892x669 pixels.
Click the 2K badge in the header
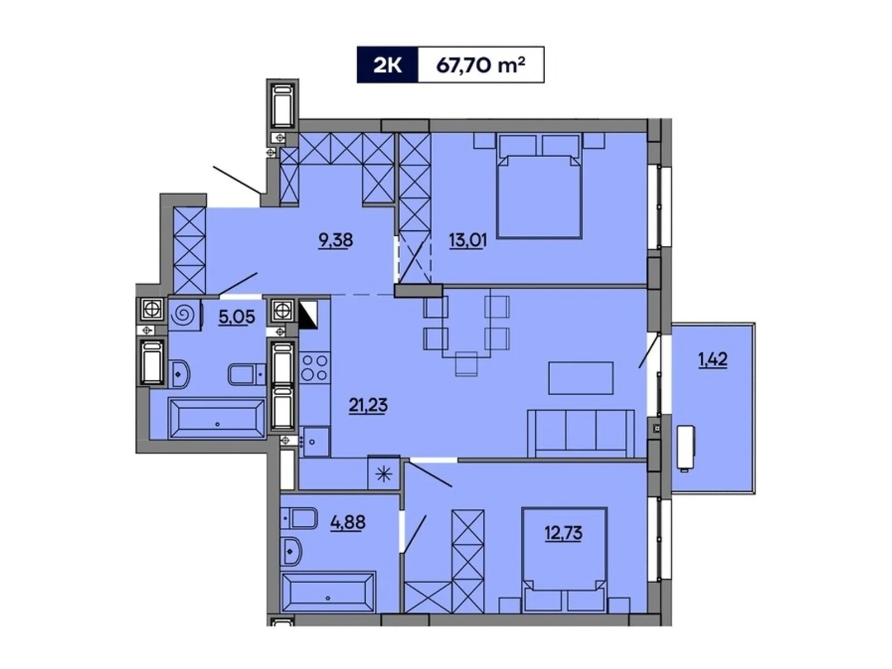click(387, 65)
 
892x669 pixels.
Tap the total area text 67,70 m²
click(481, 65)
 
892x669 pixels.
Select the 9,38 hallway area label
click(336, 240)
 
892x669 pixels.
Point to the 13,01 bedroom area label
click(467, 240)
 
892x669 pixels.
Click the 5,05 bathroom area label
click(236, 317)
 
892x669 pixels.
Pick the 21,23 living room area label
click(368, 405)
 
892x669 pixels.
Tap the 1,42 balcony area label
click(713, 360)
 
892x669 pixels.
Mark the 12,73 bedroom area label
click(563, 533)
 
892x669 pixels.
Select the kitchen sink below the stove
click(316, 442)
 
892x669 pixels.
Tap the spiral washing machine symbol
click(183, 315)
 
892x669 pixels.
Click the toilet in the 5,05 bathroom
click(246, 374)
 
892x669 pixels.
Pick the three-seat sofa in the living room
click(581, 433)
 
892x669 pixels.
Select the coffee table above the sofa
click(581, 378)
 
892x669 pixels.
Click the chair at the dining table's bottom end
click(467, 364)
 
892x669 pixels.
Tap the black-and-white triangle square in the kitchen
click(308, 314)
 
